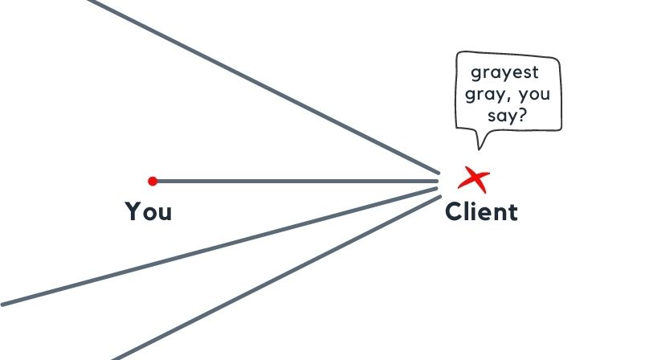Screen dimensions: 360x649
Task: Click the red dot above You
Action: click(x=153, y=181)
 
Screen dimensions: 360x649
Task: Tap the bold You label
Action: click(x=149, y=212)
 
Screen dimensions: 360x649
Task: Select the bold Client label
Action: click(x=481, y=212)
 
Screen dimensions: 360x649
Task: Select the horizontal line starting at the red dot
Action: click(x=289, y=181)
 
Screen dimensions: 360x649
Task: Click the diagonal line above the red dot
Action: click(x=265, y=86)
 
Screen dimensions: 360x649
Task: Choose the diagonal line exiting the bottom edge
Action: click(x=273, y=277)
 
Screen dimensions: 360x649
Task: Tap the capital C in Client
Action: click(x=455, y=212)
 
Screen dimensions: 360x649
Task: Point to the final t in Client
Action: click(x=512, y=212)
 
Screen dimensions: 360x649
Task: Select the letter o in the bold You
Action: click(x=149, y=214)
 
